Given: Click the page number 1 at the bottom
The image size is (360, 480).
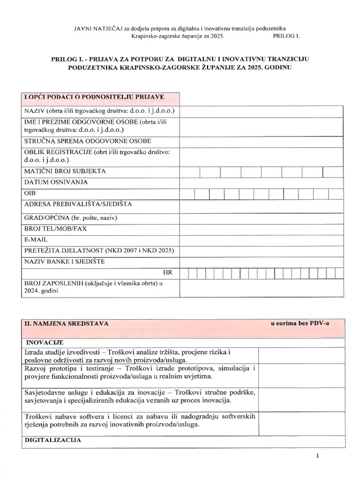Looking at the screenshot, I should coord(317,456).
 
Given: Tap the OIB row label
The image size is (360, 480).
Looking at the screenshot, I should coord(29,193).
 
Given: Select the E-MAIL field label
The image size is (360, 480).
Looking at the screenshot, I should coord(36,240).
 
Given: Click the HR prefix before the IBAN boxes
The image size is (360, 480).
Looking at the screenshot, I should coord(168,272).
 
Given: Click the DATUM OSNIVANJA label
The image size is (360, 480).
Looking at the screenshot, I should coord(56,182).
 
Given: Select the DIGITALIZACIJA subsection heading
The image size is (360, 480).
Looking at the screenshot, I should coord(52,441).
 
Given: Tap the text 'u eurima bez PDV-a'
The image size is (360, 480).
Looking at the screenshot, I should coord(300,323).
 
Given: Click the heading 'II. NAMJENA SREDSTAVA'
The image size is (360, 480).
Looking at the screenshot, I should coord(66,323).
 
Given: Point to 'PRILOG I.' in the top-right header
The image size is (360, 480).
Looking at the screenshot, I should coord(285,36).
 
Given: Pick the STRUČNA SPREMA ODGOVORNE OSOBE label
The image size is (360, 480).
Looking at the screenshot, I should coord(87,141).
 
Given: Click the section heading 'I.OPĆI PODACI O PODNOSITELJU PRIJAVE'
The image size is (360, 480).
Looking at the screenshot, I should coord(94,97).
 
